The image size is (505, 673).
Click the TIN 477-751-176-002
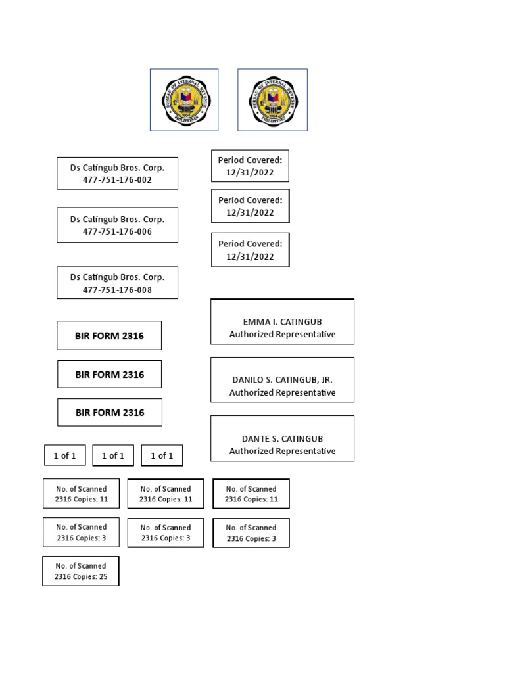117,180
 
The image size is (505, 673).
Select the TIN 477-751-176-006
117,231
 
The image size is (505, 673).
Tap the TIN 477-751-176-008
117,290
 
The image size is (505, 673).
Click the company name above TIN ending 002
117,168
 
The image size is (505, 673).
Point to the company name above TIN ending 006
117,219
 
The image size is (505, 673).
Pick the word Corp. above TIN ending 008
154,277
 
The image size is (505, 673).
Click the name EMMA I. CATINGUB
283,322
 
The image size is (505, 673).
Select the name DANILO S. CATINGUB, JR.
283,380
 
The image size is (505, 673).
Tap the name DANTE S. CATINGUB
283,438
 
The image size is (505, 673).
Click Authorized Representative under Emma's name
283,334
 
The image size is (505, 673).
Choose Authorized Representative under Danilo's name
283,392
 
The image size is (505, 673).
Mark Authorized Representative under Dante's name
283,451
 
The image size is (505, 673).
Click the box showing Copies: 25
81,571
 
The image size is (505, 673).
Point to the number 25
103,576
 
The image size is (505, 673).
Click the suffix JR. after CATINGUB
327,380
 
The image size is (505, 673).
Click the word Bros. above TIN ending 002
130,168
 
